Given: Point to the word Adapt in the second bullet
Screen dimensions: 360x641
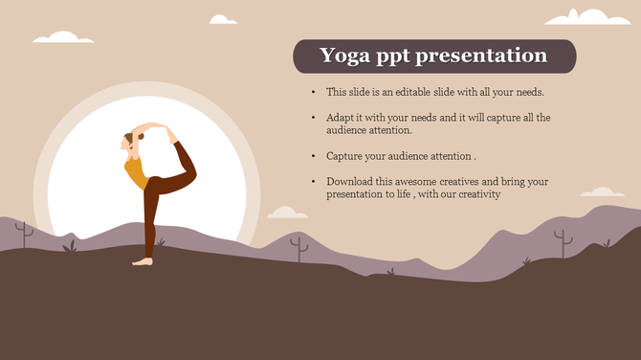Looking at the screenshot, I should pos(340,117).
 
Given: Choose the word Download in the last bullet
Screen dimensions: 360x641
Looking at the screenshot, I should pos(350,181).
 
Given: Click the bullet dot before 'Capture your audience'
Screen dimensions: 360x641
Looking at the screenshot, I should pos(314,155).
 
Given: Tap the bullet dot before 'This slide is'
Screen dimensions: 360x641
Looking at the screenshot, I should pos(314,92).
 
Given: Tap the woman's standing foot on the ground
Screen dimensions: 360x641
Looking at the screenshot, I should pos(143,260).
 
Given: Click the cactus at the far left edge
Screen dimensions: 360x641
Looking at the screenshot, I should pos(25,233).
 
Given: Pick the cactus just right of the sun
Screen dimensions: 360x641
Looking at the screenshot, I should pos(299,248).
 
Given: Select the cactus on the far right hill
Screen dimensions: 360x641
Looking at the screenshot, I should pos(563,242).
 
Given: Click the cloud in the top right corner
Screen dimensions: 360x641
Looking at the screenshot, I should pos(587,16).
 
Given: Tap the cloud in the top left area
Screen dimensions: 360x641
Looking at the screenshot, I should pos(56,37).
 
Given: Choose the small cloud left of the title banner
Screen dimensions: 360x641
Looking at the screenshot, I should pos(223,19).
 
